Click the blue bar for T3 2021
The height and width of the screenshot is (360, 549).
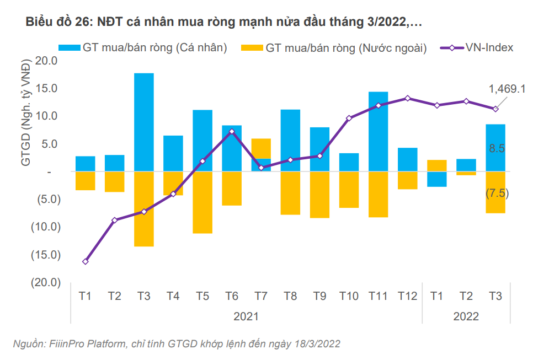(x=144, y=122)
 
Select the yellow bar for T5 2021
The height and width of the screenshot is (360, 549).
(x=202, y=202)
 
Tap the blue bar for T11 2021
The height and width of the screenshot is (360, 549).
(x=379, y=131)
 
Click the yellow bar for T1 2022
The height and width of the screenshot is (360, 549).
(x=437, y=165)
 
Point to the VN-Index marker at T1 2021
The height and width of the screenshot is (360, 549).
(x=86, y=261)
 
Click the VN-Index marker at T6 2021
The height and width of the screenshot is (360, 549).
(x=232, y=131)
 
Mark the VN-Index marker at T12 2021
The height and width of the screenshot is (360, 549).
(x=408, y=98)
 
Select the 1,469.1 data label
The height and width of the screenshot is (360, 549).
(x=507, y=89)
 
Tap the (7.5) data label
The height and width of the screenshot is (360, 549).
(x=497, y=194)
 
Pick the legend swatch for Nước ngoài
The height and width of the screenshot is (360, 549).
(x=250, y=48)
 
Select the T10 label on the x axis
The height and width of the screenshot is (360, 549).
(x=349, y=296)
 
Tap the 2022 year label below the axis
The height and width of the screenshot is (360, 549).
(x=466, y=316)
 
